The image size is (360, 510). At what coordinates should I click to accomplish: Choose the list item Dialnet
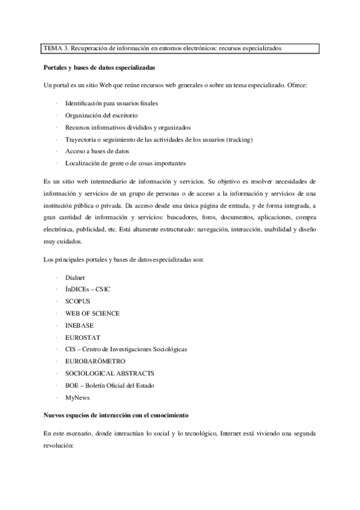point(76,277)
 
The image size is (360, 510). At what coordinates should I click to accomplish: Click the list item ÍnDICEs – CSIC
point(88,289)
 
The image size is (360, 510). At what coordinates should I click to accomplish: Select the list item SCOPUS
point(78,301)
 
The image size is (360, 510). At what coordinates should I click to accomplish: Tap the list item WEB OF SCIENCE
point(93,313)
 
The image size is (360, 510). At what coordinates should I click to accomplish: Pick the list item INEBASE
point(80,325)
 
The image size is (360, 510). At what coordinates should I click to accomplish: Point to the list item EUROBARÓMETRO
point(95,361)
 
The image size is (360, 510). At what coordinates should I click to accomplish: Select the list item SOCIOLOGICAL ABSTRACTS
point(105,373)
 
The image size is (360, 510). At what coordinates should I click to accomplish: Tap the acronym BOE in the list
point(72,386)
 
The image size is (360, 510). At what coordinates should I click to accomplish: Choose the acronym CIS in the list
point(71,349)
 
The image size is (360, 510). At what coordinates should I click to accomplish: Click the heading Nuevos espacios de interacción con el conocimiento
point(117,416)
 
